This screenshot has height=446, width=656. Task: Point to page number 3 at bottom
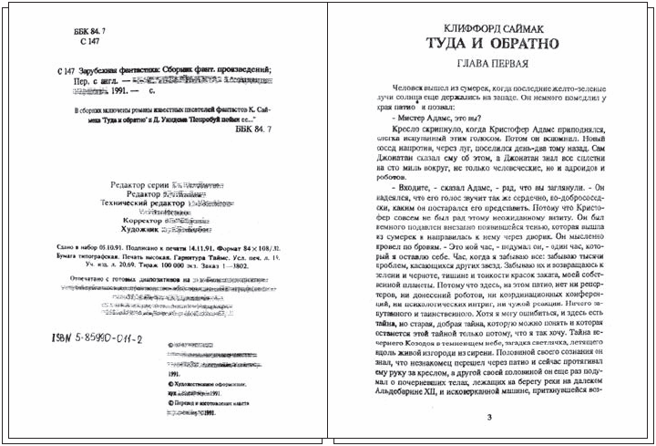(488, 419)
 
